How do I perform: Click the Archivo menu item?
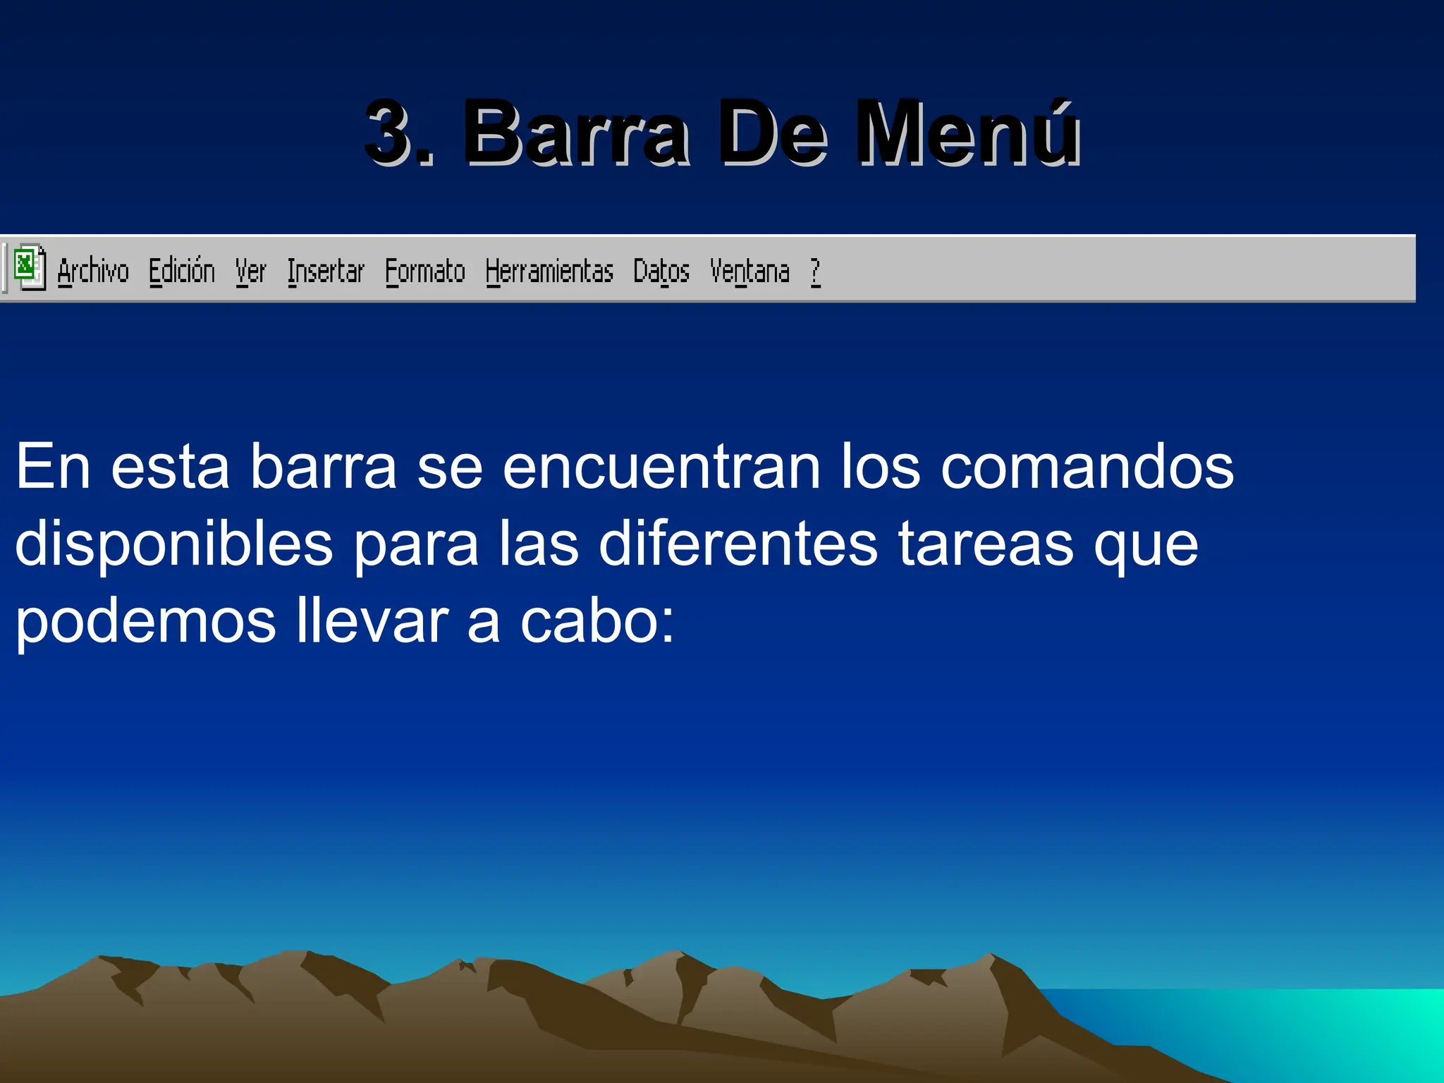click(93, 271)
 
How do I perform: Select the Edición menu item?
click(181, 271)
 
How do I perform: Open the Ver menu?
click(250, 271)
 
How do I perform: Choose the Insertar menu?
click(325, 271)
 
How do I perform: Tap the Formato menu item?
click(424, 271)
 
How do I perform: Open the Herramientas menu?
click(549, 271)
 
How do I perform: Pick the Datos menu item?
click(661, 271)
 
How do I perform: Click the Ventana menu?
click(749, 271)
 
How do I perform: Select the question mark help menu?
click(815, 271)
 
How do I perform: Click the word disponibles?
click(173, 544)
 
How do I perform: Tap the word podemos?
click(145, 622)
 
